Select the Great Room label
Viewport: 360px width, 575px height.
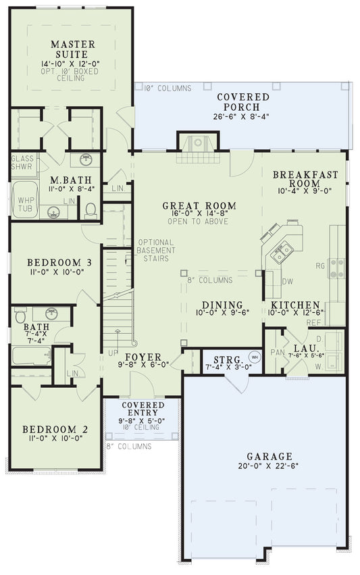pos(199,206)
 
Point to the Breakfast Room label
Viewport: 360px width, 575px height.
pos(305,179)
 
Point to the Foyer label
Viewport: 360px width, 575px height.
pos(143,357)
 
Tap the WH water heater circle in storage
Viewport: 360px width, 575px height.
pos(255,356)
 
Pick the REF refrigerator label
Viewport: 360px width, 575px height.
pos(314,322)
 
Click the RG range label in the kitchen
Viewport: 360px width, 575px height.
pos(320,266)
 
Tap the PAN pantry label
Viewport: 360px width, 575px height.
pos(275,351)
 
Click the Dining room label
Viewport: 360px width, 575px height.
pos(221,305)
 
